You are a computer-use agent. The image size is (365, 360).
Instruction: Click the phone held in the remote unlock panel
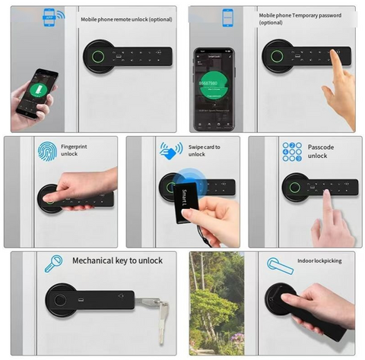pyautogui.click(x=36, y=93)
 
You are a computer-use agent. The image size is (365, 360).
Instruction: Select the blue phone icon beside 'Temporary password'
pyautogui.click(x=226, y=18)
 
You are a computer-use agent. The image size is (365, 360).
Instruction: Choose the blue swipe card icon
pyautogui.click(x=170, y=150)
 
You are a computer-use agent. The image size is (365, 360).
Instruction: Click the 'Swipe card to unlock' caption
pyautogui.click(x=201, y=150)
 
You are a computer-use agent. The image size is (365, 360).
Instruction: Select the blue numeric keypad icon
pyautogui.click(x=292, y=150)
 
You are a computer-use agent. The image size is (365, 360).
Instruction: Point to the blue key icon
pyautogui.click(x=53, y=264)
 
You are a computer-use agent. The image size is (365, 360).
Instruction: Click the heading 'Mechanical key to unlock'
pyautogui.click(x=117, y=261)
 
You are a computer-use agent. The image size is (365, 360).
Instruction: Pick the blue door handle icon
pyautogui.click(x=281, y=265)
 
